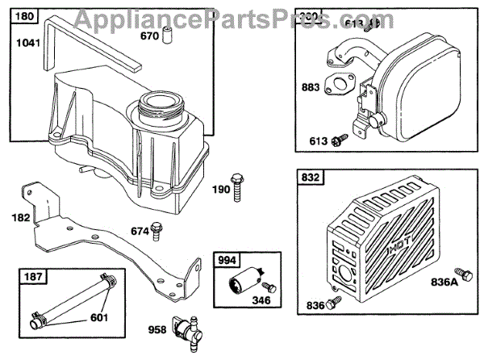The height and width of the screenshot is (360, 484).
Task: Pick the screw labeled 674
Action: point(157,232)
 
